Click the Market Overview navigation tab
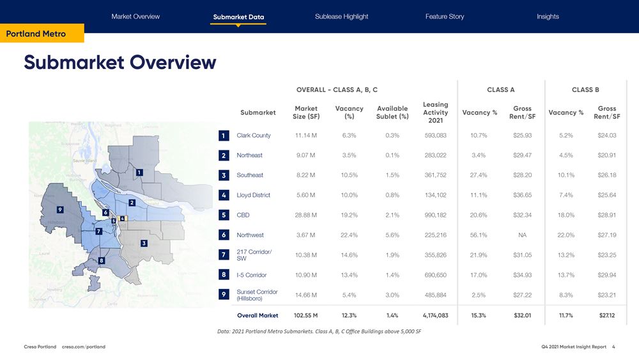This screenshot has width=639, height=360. (x=135, y=17)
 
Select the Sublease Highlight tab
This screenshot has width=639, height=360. (x=341, y=17)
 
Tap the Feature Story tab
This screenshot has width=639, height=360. (x=445, y=17)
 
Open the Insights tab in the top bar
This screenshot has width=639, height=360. (x=548, y=17)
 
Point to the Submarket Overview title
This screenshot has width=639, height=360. (x=120, y=63)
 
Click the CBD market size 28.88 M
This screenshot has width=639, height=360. (x=306, y=215)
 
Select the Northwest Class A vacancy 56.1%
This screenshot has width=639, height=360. (x=479, y=235)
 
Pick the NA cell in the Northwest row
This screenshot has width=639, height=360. (x=522, y=235)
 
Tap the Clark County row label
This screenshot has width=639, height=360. (x=253, y=136)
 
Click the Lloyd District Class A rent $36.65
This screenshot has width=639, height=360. (x=522, y=195)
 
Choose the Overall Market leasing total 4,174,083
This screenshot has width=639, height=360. (x=435, y=315)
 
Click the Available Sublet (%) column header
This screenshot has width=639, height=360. (x=392, y=113)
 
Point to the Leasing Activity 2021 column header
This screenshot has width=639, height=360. (x=435, y=113)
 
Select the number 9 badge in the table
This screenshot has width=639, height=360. (x=223, y=295)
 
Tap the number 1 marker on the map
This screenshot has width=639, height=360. (x=139, y=172)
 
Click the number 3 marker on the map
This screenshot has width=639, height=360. (x=144, y=244)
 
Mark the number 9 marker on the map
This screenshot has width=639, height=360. (x=59, y=209)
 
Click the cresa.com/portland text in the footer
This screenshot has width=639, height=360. (x=84, y=347)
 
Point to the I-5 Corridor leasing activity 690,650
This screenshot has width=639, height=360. (x=435, y=275)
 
